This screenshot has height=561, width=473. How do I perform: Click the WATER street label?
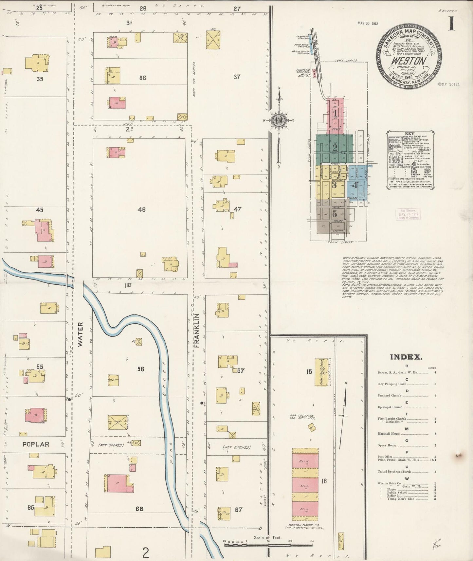pyautogui.click(x=81, y=334)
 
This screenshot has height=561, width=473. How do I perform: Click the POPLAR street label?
pyautogui.click(x=36, y=444)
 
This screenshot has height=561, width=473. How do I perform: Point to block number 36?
pyautogui.click(x=142, y=78)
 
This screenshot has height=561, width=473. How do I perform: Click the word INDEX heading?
pyautogui.click(x=406, y=357)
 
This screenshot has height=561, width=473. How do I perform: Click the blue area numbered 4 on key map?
pyautogui.click(x=355, y=185)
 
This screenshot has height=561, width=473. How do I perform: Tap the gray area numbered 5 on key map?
pyautogui.click(x=334, y=214)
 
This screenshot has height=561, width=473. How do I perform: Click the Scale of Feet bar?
pyautogui.click(x=268, y=545)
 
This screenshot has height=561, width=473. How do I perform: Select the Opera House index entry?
pyautogui.click(x=387, y=445)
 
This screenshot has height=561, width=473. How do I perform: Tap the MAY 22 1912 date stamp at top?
pyautogui.click(x=368, y=23)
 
